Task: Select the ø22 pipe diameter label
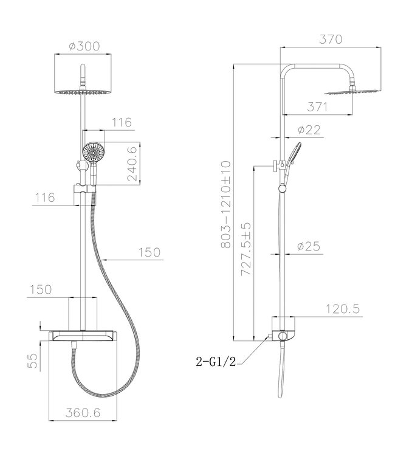coord(310,131)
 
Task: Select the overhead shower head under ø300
coord(83,92)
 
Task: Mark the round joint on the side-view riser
coord(281,190)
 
